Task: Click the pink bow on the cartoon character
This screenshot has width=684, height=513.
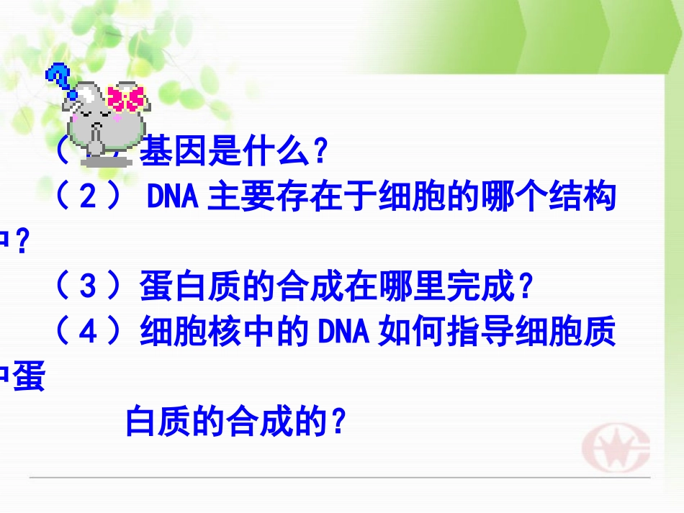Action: (x=125, y=98)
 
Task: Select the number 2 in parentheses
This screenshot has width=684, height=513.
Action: (x=89, y=196)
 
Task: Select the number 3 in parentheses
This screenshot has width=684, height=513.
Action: (x=87, y=289)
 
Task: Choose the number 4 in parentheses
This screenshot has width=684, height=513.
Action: (x=87, y=334)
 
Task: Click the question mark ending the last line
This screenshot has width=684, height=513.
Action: (x=339, y=422)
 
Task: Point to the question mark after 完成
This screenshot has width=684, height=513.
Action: (x=526, y=289)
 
